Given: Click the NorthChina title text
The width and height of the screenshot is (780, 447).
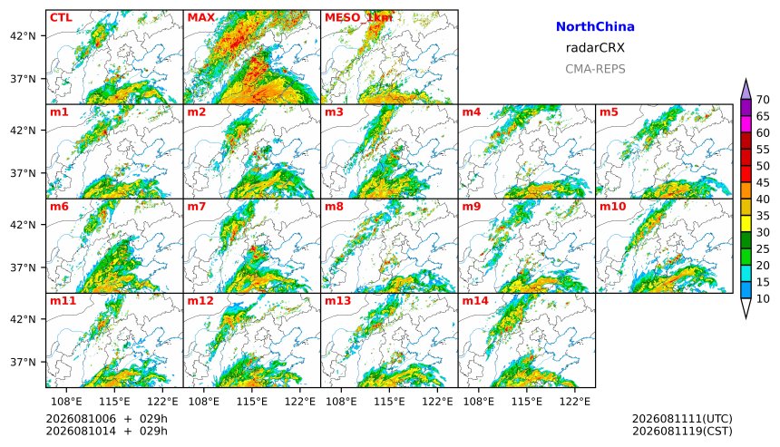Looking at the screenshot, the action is click(x=595, y=26).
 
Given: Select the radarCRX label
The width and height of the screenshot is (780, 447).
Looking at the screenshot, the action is click(x=595, y=48).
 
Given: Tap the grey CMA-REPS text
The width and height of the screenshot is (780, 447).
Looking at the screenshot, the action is click(x=595, y=69).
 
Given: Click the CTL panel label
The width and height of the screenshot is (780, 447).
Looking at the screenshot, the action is click(x=61, y=17).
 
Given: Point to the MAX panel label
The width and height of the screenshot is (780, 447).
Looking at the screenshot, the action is click(x=201, y=17).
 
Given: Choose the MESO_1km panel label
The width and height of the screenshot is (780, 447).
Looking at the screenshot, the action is click(x=358, y=17).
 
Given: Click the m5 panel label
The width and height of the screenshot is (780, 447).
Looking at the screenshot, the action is click(x=609, y=112).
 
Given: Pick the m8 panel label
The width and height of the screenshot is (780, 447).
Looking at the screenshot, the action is click(x=334, y=207).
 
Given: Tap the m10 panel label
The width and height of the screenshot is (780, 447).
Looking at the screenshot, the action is click(x=612, y=207).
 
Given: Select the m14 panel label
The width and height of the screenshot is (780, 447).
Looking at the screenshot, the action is click(x=475, y=301).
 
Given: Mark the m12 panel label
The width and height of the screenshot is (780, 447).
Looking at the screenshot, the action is click(x=200, y=301).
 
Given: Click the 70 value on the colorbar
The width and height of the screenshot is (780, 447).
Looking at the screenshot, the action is click(x=763, y=100).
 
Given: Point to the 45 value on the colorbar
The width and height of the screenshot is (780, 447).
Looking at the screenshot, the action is click(x=763, y=182).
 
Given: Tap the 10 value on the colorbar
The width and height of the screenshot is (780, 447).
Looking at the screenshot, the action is click(x=763, y=299).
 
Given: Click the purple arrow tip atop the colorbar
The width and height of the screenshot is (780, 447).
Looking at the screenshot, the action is click(x=746, y=80).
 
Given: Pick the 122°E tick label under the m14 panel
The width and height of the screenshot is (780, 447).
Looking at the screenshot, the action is click(x=575, y=402).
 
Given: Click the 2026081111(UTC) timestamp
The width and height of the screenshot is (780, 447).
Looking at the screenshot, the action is click(x=682, y=419).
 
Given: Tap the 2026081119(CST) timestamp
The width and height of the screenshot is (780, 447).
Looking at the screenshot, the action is click(x=682, y=431).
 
